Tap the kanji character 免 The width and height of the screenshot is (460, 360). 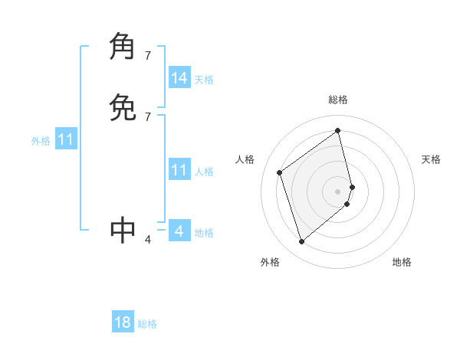click(x=123, y=108)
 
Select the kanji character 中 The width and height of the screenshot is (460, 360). click(x=123, y=229)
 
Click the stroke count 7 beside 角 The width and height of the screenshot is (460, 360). click(x=148, y=55)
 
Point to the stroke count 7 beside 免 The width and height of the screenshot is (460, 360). click(x=148, y=117)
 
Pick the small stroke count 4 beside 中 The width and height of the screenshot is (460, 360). click(x=148, y=240)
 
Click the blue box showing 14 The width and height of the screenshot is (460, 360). click(x=179, y=78)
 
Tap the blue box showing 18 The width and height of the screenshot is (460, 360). click(x=123, y=322)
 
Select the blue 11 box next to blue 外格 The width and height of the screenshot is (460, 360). click(x=66, y=140)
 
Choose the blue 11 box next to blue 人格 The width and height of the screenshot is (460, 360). click(x=179, y=170)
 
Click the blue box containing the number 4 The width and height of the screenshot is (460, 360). click(x=179, y=231)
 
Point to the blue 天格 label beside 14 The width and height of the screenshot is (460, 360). click(x=204, y=80)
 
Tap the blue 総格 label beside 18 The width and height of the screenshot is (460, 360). click(x=147, y=324)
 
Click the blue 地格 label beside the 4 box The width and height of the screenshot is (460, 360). click(x=204, y=233)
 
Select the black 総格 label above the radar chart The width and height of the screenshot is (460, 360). click(x=338, y=100)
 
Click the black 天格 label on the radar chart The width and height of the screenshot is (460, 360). click(x=431, y=159)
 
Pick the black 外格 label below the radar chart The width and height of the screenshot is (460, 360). click(x=270, y=262)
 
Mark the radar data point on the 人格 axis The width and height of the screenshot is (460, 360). click(x=280, y=172)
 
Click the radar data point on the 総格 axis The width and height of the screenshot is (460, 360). click(x=338, y=130)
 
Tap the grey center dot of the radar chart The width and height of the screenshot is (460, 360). click(x=338, y=191)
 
